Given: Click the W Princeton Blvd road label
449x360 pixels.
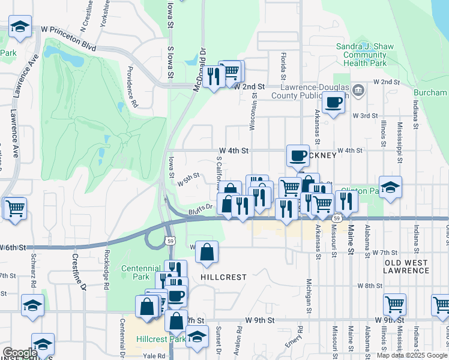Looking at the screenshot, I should point(68,29).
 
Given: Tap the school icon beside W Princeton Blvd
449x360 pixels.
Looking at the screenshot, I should point(20,27).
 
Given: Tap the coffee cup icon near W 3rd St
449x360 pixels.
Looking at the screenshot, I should point(333,101).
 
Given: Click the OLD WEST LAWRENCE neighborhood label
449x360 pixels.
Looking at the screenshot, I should point(406,266).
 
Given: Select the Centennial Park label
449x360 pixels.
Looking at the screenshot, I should point(135,272).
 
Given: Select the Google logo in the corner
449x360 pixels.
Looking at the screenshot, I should point(20,353).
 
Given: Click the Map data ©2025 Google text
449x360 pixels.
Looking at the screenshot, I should point(412,355).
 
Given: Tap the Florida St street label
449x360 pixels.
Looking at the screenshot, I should point(283,67).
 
